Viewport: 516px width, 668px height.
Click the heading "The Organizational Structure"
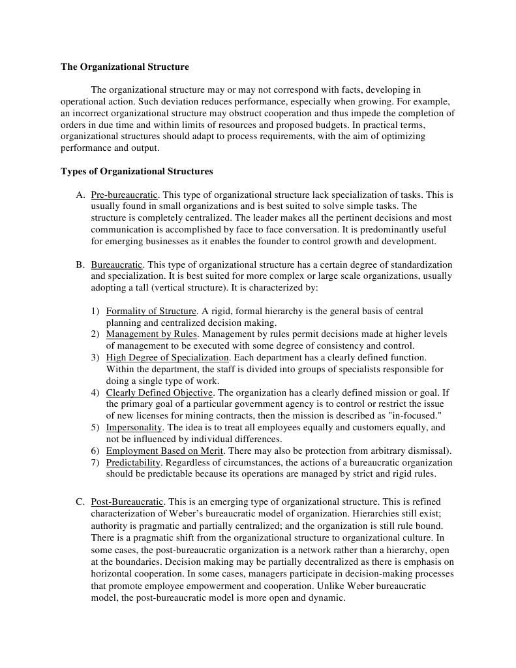[125, 67]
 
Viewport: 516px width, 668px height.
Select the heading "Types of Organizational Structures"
[136, 172]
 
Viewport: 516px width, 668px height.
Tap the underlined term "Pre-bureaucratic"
[125, 195]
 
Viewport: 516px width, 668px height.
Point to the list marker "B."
[80, 264]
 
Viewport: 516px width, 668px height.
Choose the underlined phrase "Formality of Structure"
[151, 311]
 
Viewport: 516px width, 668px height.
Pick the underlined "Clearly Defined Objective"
[159, 392]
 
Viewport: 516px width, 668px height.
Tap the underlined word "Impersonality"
[135, 427]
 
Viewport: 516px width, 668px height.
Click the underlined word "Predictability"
[133, 462]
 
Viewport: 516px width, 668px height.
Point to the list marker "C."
[80, 502]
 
